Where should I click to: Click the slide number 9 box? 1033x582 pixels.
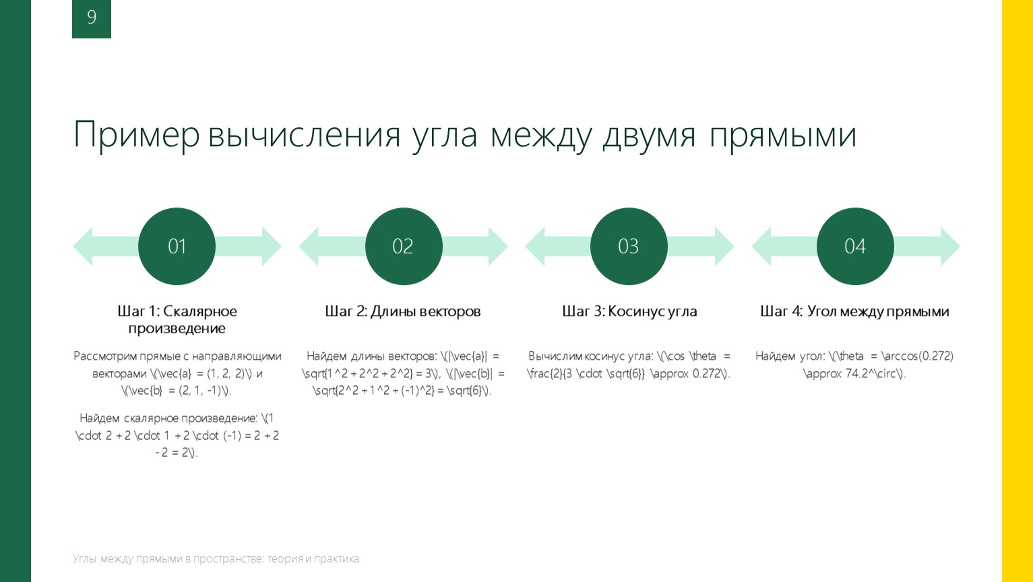pyautogui.click(x=92, y=19)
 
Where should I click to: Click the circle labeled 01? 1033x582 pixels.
pyautogui.click(x=177, y=247)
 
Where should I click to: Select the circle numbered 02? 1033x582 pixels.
pyautogui.click(x=404, y=247)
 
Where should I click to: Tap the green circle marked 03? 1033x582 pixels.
pyautogui.click(x=629, y=247)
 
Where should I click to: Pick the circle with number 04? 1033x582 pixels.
pyautogui.click(x=855, y=247)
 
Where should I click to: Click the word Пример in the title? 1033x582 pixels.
pyautogui.click(x=137, y=135)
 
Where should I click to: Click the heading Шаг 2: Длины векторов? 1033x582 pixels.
pyautogui.click(x=403, y=311)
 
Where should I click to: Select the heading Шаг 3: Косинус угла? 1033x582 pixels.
pyautogui.click(x=629, y=311)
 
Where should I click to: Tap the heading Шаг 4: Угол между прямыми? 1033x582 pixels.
pyautogui.click(x=854, y=311)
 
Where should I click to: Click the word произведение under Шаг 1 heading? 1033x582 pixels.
pyautogui.click(x=177, y=328)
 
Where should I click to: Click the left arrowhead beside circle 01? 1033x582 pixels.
pyautogui.click(x=83, y=247)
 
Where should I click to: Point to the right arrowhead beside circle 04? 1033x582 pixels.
pyautogui.click(x=950, y=247)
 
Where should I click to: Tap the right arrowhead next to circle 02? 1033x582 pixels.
pyautogui.click(x=498, y=247)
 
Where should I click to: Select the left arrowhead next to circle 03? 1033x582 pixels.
pyautogui.click(x=535, y=247)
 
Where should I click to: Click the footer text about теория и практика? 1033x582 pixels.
pyautogui.click(x=216, y=558)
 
